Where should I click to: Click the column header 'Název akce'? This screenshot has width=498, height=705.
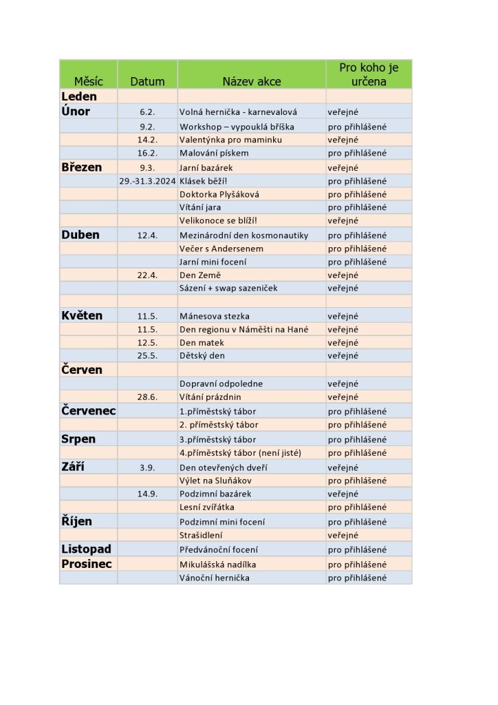coord(251,81)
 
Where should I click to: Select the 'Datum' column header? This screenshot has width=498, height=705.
coord(147,81)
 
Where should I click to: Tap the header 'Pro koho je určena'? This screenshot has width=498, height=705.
coord(369,74)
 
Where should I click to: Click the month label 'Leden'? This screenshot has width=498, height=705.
coord(79,96)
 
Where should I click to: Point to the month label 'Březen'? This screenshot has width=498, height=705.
coord(81,167)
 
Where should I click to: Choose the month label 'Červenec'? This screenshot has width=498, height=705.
coord(88,411)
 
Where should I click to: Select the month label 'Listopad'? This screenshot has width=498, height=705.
coord(86,549)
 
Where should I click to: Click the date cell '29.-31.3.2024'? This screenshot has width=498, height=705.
coord(147,181)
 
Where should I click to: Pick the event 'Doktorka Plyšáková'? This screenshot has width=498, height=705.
coord(219,194)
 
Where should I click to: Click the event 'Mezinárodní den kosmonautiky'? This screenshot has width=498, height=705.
coord(243,235)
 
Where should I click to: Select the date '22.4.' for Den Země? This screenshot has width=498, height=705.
coord(147,275)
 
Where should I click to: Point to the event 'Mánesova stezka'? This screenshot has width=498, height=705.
coord(214,316)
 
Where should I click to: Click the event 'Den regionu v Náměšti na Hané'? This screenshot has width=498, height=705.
coord(243,330)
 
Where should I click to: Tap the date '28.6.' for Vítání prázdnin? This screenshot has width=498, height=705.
coord(147,397)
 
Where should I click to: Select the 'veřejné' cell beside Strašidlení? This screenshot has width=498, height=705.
coord(343,535)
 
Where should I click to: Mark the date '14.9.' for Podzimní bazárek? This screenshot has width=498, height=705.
coord(147,494)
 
